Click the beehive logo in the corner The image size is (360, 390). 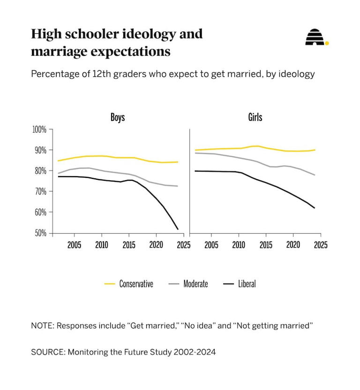click(317, 37)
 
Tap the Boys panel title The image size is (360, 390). click(118, 117)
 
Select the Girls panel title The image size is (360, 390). click(255, 117)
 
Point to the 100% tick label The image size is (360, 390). click(39, 129)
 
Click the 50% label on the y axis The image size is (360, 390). click(41, 233)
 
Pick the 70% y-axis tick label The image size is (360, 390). click(41, 191)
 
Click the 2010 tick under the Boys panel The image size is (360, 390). click(102, 245)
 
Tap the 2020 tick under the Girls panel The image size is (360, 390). click(293, 245)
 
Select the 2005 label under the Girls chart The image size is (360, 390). click(211, 245)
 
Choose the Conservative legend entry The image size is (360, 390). click(129, 284)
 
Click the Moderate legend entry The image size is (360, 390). click(188, 284)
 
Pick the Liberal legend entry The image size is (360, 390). click(240, 284)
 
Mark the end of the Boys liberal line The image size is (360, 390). click(178, 229)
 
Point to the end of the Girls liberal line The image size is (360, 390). click(315, 208)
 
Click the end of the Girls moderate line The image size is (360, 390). click(315, 175)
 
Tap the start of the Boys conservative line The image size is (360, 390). click(58, 161)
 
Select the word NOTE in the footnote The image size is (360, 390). click(43, 325)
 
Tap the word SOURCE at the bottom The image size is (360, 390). click(48, 352)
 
